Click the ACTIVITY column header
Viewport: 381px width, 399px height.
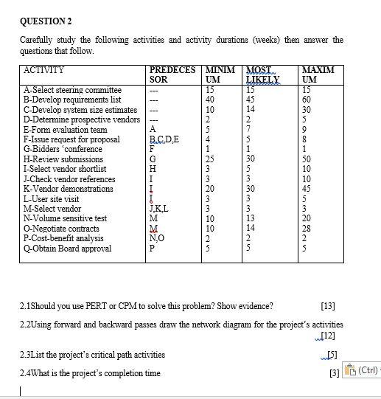(45, 71)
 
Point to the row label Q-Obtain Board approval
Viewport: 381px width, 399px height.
(68, 249)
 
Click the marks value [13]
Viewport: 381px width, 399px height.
(328, 305)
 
